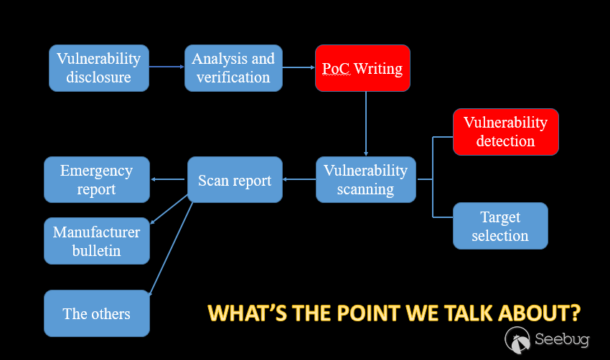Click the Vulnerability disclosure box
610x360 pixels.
[99, 68]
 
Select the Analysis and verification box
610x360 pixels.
[233, 68]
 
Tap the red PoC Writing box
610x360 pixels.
[362, 68]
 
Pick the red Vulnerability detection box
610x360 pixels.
[506, 132]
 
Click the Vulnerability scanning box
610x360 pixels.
[366, 179]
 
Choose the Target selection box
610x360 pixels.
[500, 226]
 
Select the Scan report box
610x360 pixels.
[235, 179]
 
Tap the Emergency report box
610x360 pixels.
[97, 179]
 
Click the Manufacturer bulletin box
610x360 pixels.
[97, 241]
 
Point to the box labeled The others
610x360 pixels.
[97, 313]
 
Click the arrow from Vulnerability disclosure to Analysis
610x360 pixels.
[166, 67]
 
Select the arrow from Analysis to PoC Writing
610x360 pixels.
[299, 67]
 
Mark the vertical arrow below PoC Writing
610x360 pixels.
[366, 123]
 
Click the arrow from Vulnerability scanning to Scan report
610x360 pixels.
[299, 179]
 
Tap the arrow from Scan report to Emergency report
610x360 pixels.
[168, 179]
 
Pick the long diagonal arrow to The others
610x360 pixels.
[171, 249]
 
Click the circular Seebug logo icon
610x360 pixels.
[517, 340]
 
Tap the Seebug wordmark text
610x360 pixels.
[562, 339]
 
